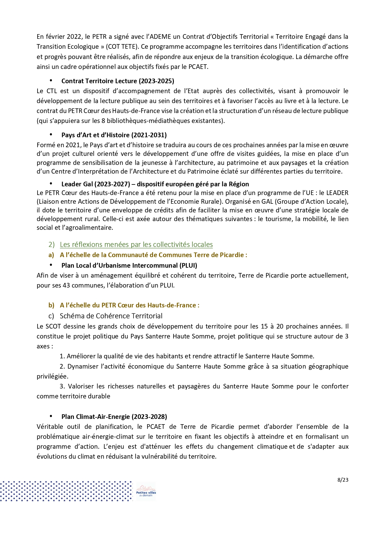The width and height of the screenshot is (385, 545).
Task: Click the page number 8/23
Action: (343, 480)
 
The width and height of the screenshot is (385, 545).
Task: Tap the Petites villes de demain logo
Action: (146, 491)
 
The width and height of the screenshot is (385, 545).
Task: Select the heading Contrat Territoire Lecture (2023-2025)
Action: (118, 81)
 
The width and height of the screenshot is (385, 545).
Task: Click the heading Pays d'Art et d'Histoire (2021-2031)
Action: (114, 135)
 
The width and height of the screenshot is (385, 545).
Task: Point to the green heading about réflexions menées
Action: (136, 245)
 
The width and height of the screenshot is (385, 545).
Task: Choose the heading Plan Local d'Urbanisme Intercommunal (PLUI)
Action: (129, 266)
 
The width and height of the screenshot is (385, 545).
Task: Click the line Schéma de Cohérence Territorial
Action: (111, 316)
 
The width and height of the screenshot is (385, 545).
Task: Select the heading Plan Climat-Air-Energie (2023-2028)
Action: (114, 417)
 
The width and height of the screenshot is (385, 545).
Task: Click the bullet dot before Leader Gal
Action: (51, 184)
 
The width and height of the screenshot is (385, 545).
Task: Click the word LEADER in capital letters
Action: (337, 193)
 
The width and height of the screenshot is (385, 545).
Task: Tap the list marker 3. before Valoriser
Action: (62, 387)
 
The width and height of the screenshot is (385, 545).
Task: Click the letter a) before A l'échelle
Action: (51, 255)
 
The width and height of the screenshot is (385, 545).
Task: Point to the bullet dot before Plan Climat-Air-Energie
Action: (51, 416)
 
